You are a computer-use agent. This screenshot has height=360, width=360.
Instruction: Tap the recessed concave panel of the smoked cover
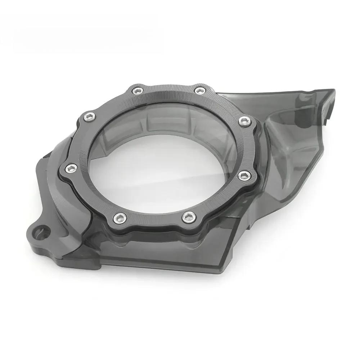click(x=288, y=151)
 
